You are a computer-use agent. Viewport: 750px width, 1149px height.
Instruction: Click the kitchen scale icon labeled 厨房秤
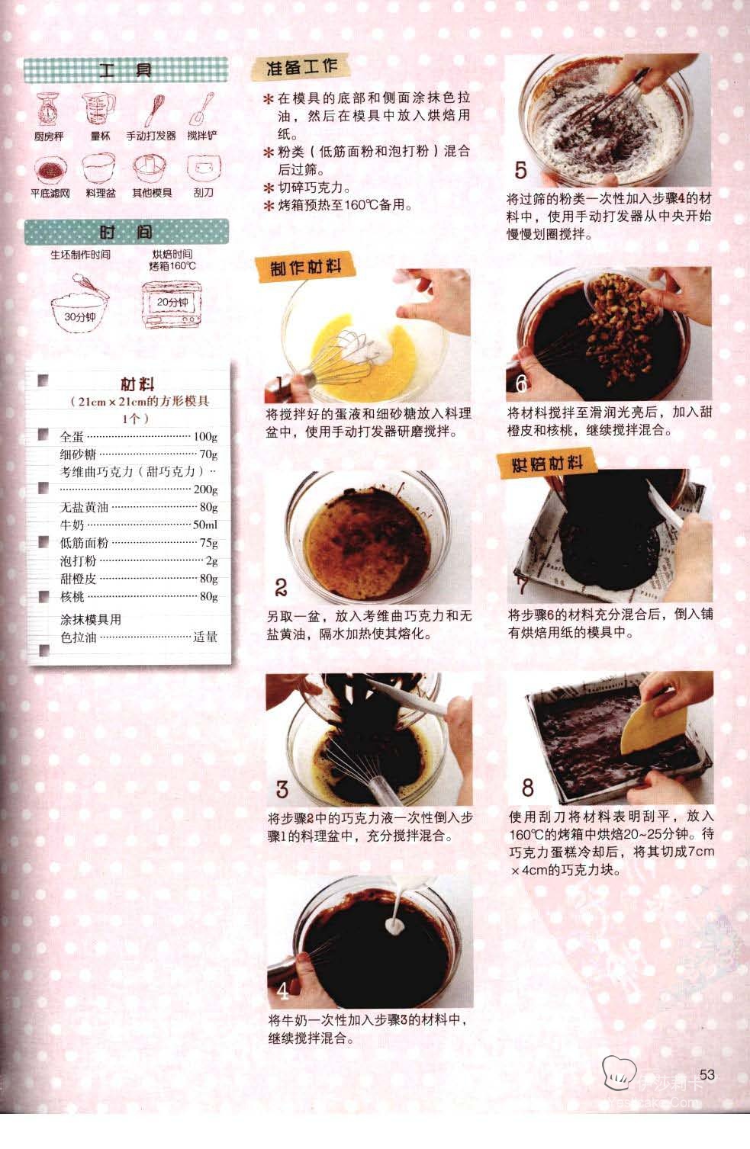(48, 109)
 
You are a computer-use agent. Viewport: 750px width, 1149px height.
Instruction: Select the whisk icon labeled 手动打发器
(154, 110)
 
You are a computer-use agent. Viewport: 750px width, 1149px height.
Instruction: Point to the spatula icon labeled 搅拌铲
(201, 109)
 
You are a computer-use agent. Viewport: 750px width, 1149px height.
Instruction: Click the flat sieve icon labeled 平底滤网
(50, 170)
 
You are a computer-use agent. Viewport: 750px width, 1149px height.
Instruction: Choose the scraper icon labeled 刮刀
(204, 168)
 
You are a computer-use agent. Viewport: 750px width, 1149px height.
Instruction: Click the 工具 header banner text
(125, 69)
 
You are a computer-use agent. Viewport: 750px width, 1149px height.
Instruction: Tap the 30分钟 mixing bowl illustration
(80, 303)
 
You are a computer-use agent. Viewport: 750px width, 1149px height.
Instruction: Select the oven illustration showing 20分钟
(172, 304)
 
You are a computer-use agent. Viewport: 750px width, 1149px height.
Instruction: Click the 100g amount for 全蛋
(205, 437)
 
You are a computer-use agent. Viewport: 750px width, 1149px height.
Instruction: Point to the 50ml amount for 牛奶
(205, 525)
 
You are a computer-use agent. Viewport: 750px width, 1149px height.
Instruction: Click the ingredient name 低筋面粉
(84, 543)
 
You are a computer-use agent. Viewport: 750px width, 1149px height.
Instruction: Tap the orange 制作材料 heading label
(305, 267)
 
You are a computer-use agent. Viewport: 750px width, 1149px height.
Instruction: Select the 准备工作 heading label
(301, 67)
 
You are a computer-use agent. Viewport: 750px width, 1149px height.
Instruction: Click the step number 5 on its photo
(520, 170)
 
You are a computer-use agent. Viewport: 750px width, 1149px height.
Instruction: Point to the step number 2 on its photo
(281, 587)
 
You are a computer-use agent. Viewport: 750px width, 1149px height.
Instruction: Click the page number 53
(707, 1074)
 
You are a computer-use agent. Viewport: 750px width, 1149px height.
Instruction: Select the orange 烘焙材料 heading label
(547, 464)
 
